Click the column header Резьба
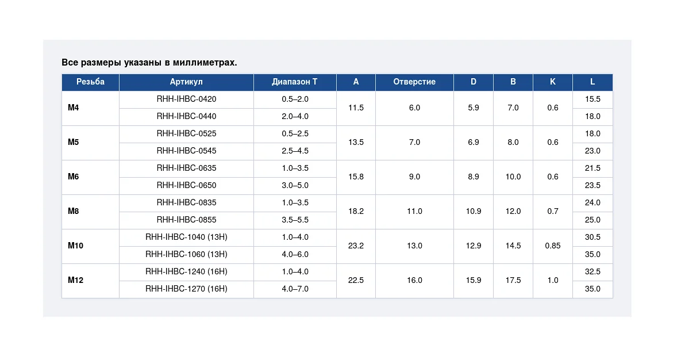coord(90,82)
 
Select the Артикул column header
coord(186,82)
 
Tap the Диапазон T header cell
coord(295,82)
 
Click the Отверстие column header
coord(414,82)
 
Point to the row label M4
coord(74,108)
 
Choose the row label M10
coord(75,246)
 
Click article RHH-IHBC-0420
coord(186,99)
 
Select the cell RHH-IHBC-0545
coord(186,151)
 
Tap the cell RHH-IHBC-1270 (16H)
coord(186,289)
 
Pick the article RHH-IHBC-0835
coord(186,202)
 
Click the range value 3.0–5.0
coord(295,185)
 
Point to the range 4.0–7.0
coord(295,289)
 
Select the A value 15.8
coord(356,177)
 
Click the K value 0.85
coord(553,246)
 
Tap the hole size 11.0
coord(414,211)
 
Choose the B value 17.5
coord(513,280)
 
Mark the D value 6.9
coord(474,142)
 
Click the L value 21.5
coord(592,168)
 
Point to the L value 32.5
coord(592,271)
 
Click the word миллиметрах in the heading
coord(205,63)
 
